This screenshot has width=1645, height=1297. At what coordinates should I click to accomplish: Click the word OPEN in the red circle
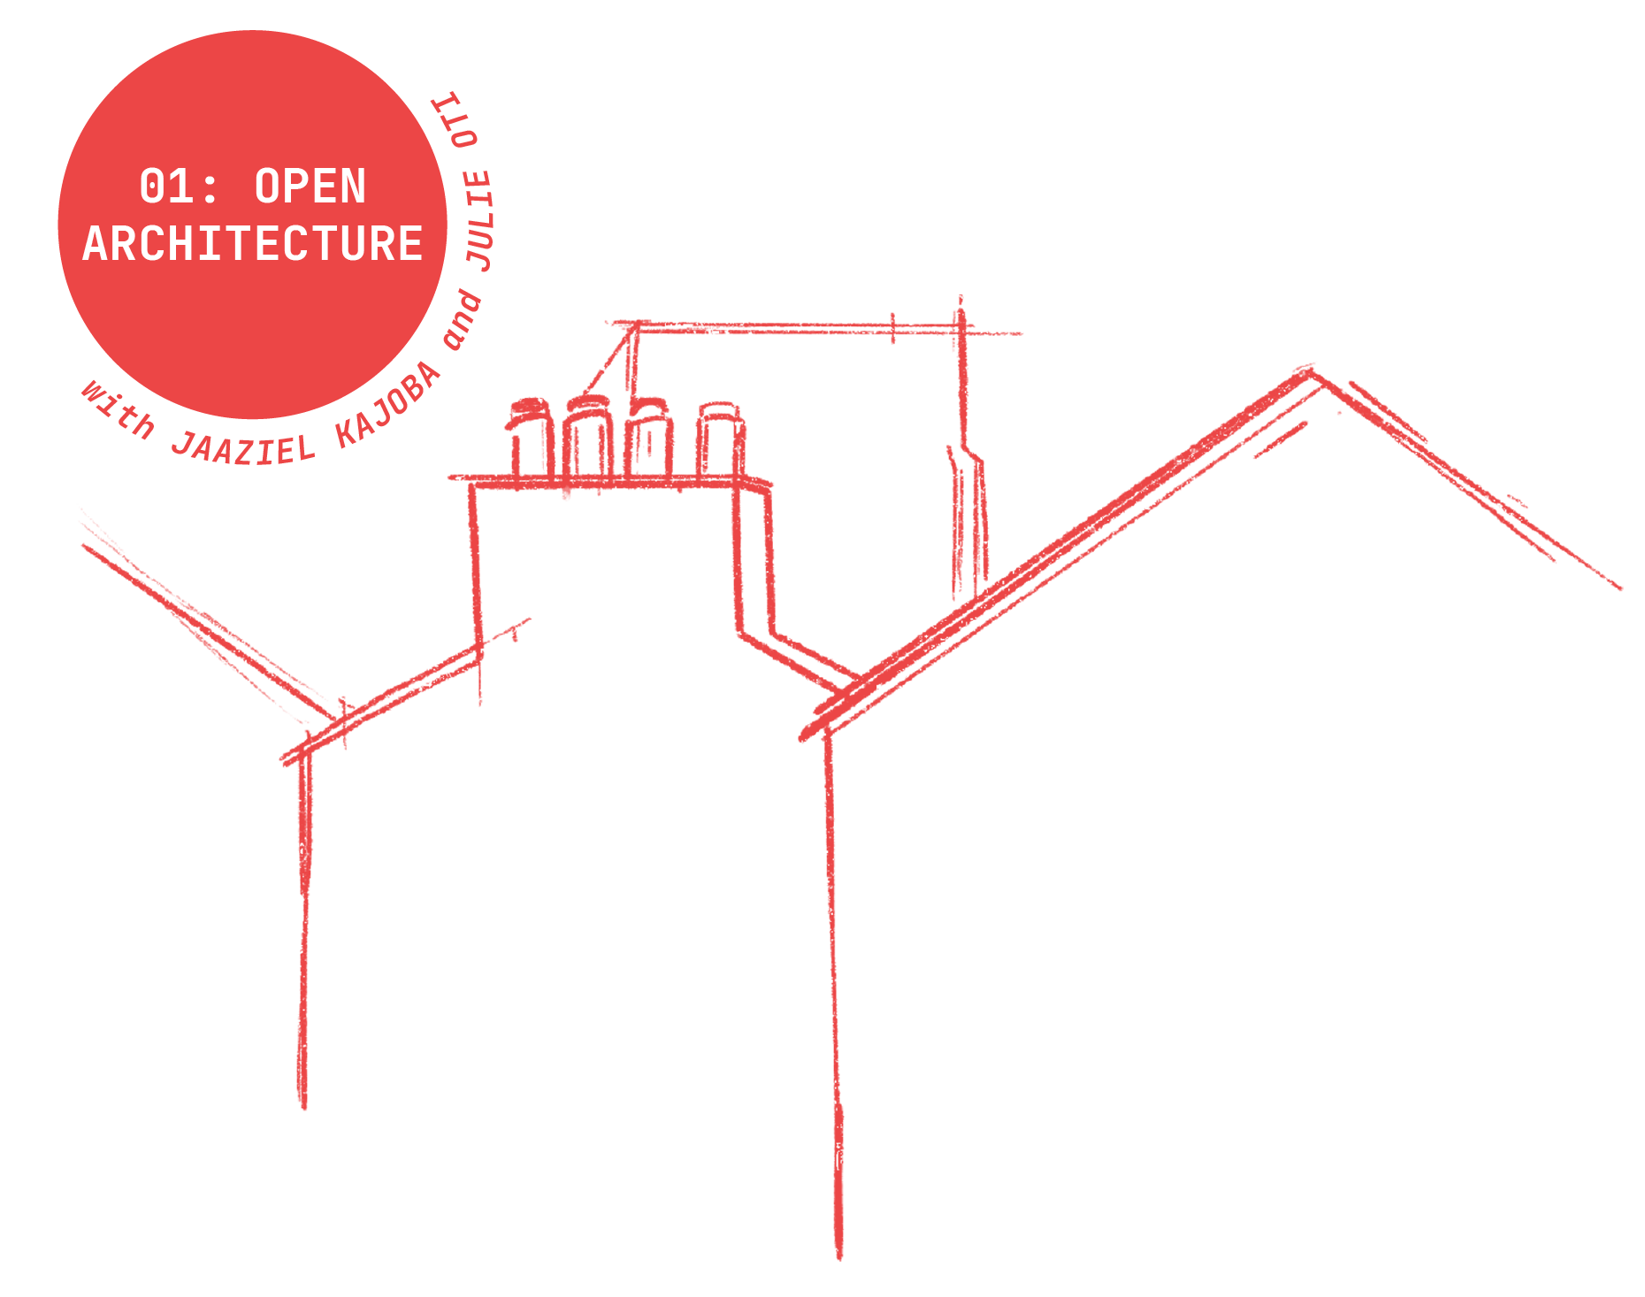[x=310, y=187]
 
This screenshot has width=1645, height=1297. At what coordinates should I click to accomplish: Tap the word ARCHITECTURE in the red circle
[x=253, y=244]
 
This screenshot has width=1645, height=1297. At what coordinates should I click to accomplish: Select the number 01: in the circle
[x=179, y=187]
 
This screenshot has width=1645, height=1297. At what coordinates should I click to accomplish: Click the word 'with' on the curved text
[x=118, y=409]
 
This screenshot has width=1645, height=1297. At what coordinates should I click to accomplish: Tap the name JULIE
[x=479, y=221]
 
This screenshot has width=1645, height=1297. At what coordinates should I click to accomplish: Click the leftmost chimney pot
[x=530, y=437]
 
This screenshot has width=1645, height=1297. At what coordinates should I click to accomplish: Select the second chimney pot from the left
[x=587, y=437]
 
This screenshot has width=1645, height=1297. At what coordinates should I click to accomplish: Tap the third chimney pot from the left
[x=649, y=437]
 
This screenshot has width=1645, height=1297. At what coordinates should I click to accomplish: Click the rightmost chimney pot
[x=719, y=439]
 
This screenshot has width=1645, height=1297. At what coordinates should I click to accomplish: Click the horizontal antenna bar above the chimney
[x=796, y=328]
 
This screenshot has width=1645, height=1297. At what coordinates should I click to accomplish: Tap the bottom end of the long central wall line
[x=838, y=1254]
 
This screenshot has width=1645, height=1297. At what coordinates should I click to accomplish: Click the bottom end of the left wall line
[x=302, y=1105]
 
